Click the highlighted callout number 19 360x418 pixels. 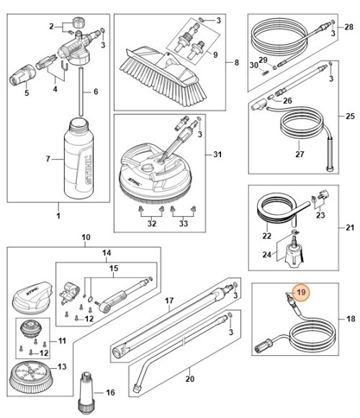[301, 293]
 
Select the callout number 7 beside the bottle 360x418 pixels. [49, 158]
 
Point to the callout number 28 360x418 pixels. [348, 27]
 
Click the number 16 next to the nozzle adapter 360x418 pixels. [110, 393]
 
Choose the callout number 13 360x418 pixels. [61, 367]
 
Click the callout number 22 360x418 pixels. [266, 236]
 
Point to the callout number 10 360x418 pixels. [85, 237]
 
